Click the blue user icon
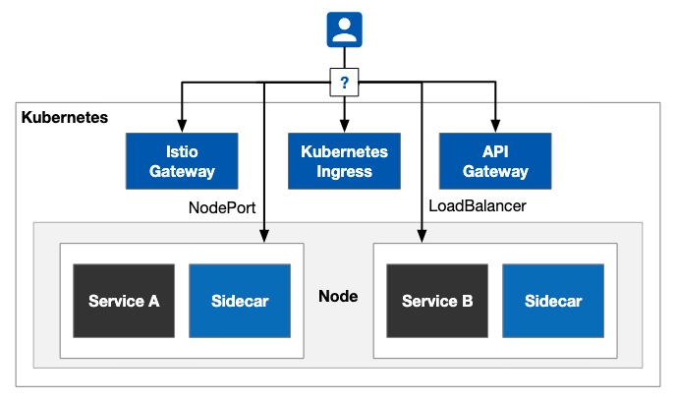pos(344,29)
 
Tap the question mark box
pos(344,82)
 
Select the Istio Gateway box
pos(182,161)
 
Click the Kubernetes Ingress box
pos(344,161)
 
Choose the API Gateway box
pos(495,161)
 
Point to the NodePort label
pos(222,207)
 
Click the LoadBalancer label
pos(478,205)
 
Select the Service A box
pos(124,301)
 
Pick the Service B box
pos(437,301)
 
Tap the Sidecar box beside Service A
pos(240,301)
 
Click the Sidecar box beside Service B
pos(553,301)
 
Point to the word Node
pos(338,296)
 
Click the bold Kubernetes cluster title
pos(65,117)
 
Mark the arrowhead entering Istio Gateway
pos(182,126)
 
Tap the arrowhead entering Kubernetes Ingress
pos(344,126)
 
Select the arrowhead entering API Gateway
pos(495,126)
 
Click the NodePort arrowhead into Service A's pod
pos(264,236)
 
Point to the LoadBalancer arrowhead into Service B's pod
pos(422,236)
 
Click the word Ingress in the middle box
pos(344,172)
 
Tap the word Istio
pos(182,151)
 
